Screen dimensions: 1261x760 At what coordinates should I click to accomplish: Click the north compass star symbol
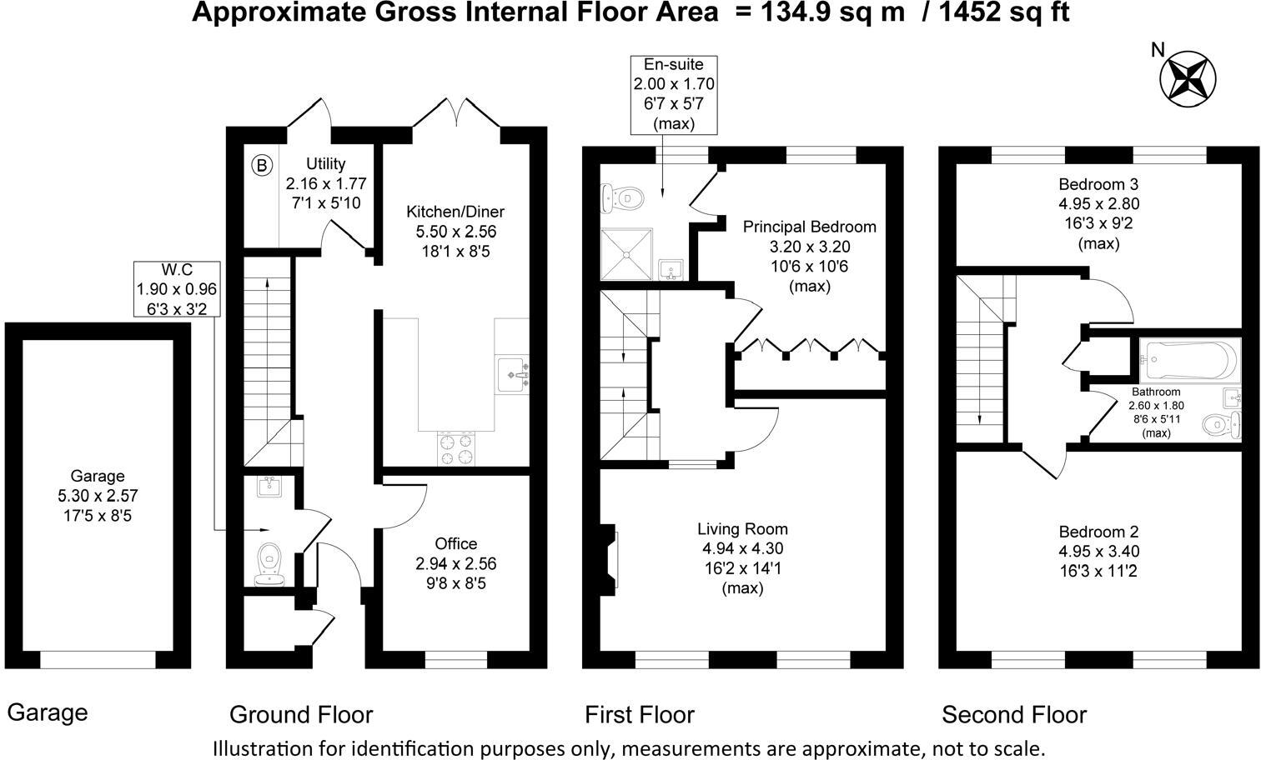tap(1188, 77)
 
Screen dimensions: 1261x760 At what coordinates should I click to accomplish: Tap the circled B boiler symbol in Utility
tap(262, 166)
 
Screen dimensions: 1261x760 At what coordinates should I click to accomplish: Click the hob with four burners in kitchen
tap(456, 449)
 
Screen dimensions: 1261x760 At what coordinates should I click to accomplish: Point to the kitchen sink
tap(512, 373)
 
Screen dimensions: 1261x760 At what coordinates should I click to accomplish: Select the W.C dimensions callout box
tap(177, 289)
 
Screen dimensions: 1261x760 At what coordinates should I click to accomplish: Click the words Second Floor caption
tap(1014, 715)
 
